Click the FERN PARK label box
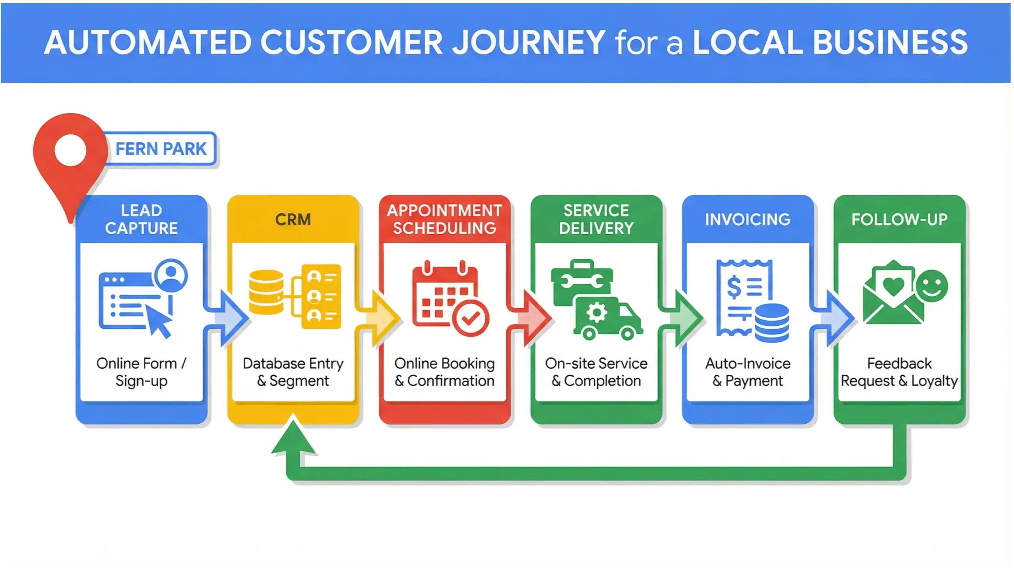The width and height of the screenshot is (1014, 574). (x=161, y=149)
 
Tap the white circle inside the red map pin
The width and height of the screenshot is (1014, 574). (x=71, y=150)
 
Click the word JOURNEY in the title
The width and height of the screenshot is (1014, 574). (x=529, y=42)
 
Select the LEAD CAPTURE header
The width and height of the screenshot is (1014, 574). (x=141, y=219)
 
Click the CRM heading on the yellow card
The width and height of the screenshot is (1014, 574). (x=293, y=220)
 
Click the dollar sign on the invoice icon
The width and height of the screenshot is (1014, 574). (x=733, y=287)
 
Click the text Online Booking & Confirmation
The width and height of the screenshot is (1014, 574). (x=444, y=372)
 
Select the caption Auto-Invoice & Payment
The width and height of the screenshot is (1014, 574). (x=747, y=372)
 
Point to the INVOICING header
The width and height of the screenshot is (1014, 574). (x=747, y=219)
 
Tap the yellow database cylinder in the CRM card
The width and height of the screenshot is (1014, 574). (x=266, y=292)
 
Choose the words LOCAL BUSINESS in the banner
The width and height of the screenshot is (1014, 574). (x=830, y=42)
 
